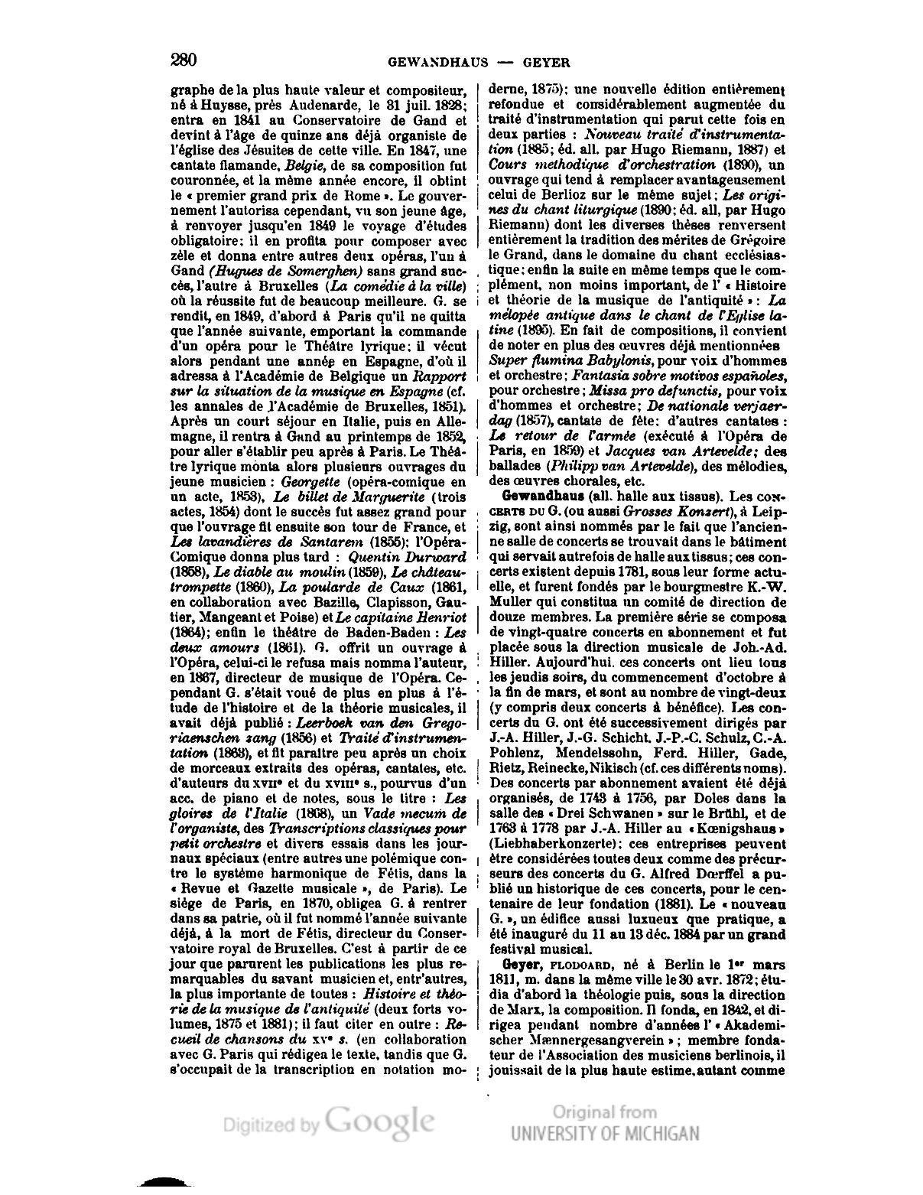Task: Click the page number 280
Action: click(184, 60)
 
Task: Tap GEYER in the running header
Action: click(546, 62)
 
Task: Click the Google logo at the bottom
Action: click(380, 1122)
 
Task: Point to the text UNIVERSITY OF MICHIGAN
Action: click(604, 1133)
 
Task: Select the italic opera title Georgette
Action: click(310, 483)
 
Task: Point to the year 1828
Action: click(449, 106)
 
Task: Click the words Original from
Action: click(604, 1112)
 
